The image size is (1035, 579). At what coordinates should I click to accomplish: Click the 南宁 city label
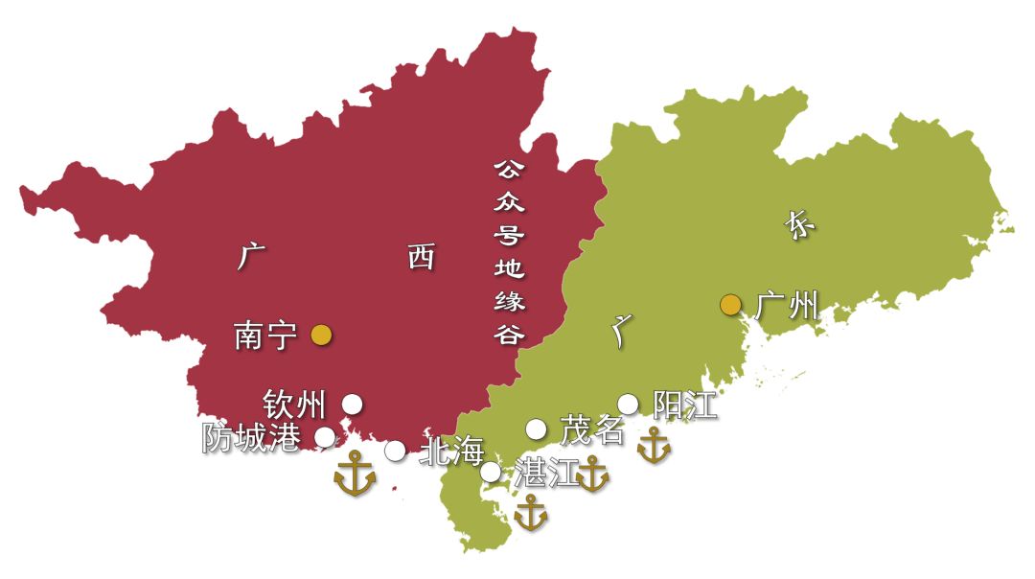(x=264, y=336)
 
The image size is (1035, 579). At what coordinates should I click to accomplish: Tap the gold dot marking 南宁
(x=321, y=335)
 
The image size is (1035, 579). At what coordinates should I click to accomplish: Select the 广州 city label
(x=787, y=306)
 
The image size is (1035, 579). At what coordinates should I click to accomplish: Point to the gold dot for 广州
(x=731, y=305)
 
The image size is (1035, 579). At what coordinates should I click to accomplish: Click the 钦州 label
(x=294, y=405)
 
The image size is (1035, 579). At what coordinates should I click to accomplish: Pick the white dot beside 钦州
(x=353, y=404)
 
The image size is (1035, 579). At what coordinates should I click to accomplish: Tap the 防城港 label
(x=251, y=438)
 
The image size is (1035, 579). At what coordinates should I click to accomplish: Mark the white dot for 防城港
(x=325, y=437)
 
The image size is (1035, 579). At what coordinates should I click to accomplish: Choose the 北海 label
(x=452, y=452)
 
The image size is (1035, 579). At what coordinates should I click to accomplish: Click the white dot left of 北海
(x=395, y=451)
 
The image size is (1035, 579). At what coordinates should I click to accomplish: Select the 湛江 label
(x=546, y=473)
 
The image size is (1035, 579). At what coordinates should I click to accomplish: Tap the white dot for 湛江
(x=490, y=472)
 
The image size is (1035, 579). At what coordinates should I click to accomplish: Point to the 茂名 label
(x=591, y=430)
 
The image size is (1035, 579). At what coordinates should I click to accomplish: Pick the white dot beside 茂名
(x=536, y=428)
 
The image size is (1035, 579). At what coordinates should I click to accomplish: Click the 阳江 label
(x=684, y=405)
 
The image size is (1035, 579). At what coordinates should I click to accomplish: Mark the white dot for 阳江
(x=628, y=404)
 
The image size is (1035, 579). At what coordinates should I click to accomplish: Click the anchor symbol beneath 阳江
(x=654, y=446)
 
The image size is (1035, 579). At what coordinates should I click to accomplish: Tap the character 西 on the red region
(x=421, y=256)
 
